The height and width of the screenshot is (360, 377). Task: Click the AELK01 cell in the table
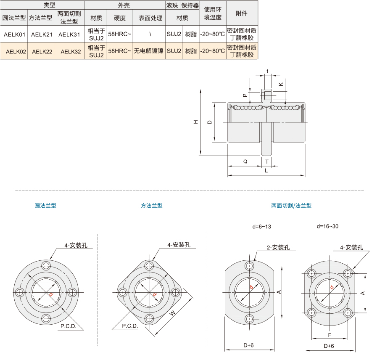click(x=14, y=34)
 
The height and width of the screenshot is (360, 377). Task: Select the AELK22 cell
click(x=42, y=51)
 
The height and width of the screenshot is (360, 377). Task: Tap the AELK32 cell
click(x=71, y=51)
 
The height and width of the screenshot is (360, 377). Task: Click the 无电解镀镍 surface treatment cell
click(x=149, y=51)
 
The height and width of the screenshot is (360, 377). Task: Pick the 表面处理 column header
click(x=150, y=18)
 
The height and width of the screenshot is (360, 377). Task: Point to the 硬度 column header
click(x=119, y=18)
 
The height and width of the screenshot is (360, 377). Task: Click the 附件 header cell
click(x=241, y=13)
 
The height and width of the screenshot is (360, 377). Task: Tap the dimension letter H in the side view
click(x=196, y=122)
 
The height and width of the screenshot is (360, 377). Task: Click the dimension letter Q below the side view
click(x=245, y=161)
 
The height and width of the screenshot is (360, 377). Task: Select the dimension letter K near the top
click(x=281, y=84)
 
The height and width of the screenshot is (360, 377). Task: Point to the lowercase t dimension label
click(x=267, y=71)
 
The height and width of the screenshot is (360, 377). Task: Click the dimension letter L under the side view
click(x=266, y=171)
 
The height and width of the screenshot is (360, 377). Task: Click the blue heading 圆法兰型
click(x=45, y=206)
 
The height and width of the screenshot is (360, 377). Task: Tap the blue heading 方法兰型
click(x=152, y=206)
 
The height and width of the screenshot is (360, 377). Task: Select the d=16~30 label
click(x=327, y=226)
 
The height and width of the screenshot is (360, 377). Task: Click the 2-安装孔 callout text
click(x=278, y=247)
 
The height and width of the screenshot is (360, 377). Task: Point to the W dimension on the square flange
click(x=173, y=313)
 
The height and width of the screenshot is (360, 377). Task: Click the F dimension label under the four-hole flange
click(x=330, y=335)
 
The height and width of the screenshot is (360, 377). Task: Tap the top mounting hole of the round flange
click(x=46, y=266)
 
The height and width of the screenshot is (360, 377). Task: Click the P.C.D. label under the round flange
click(x=68, y=326)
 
